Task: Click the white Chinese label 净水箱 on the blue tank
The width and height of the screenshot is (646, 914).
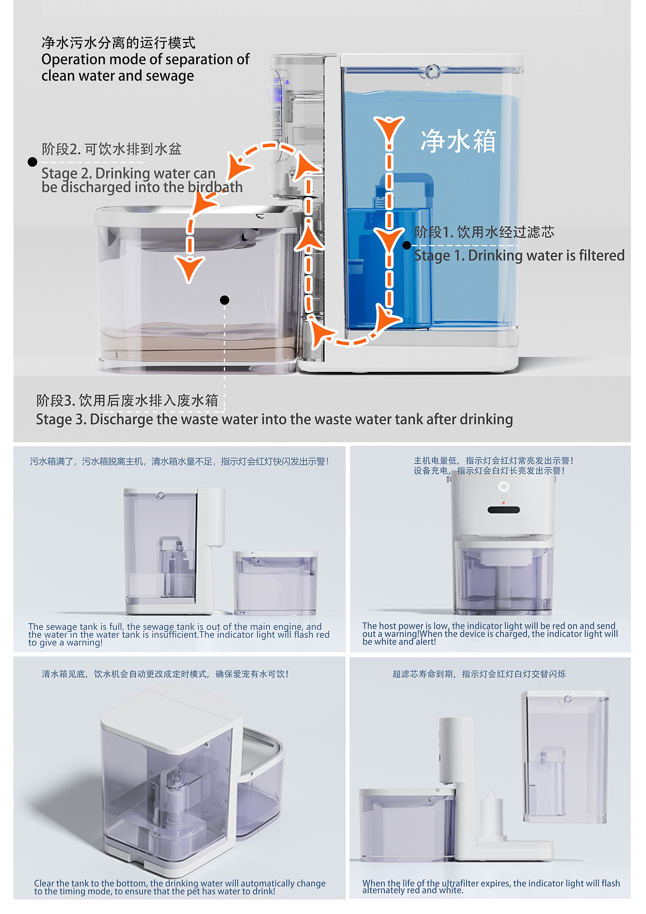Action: click(x=458, y=141)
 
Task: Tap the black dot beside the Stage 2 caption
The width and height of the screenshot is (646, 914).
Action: click(x=32, y=162)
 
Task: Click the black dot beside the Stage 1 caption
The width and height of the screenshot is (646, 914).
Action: click(x=407, y=245)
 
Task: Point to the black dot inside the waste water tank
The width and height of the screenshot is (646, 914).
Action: click(x=225, y=300)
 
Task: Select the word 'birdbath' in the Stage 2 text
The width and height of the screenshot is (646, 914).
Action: click(x=215, y=187)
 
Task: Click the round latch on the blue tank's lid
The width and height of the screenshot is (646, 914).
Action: click(x=432, y=72)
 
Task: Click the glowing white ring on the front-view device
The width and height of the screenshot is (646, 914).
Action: click(x=504, y=486)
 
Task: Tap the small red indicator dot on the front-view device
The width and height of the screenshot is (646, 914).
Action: click(x=503, y=502)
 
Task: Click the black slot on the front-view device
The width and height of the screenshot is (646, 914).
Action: click(x=504, y=510)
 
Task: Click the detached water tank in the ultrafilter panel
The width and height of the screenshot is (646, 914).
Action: click(x=566, y=757)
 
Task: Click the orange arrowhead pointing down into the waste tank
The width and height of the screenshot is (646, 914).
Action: click(x=190, y=270)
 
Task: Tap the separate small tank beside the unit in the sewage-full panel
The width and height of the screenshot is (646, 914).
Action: click(x=275, y=583)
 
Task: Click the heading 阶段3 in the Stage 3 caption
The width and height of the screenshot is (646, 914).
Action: click(x=56, y=400)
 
